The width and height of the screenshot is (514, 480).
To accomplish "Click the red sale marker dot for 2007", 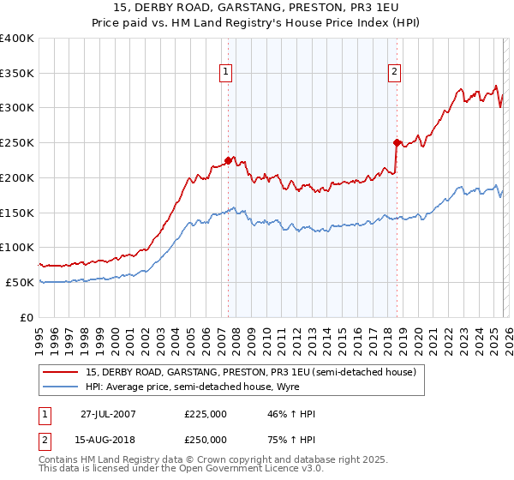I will click(228, 159).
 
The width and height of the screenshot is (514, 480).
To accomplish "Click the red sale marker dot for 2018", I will click(397, 142).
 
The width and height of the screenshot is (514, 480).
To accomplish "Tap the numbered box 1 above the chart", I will click(225, 73).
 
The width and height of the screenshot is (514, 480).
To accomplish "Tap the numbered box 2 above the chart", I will click(395, 73).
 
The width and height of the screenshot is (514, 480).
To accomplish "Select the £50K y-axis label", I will click(20, 282).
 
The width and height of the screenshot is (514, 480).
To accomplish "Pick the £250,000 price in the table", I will click(206, 440).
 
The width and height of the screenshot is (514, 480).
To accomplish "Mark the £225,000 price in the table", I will click(206, 415).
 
